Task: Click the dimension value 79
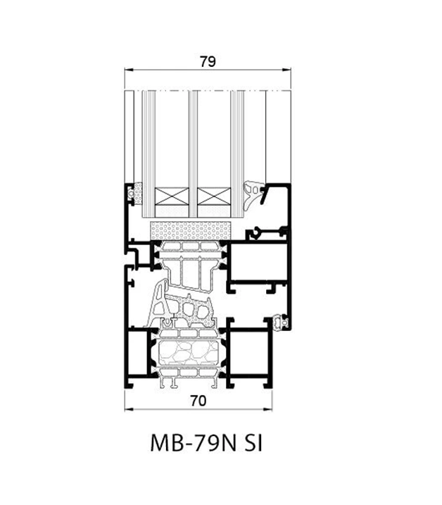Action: click(208, 61)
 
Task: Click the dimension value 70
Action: click(198, 401)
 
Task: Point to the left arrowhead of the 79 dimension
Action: click(128, 69)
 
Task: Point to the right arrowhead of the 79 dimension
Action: click(287, 69)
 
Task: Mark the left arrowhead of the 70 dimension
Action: click(128, 409)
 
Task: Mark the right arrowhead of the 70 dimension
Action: click(268, 409)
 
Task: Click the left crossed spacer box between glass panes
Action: click(172, 196)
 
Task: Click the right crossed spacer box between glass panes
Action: click(214, 196)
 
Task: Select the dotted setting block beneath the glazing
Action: click(191, 230)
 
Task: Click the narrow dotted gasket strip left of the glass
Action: click(139, 194)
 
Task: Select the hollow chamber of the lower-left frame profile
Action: click(137, 352)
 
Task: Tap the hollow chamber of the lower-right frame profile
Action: click(249, 352)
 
